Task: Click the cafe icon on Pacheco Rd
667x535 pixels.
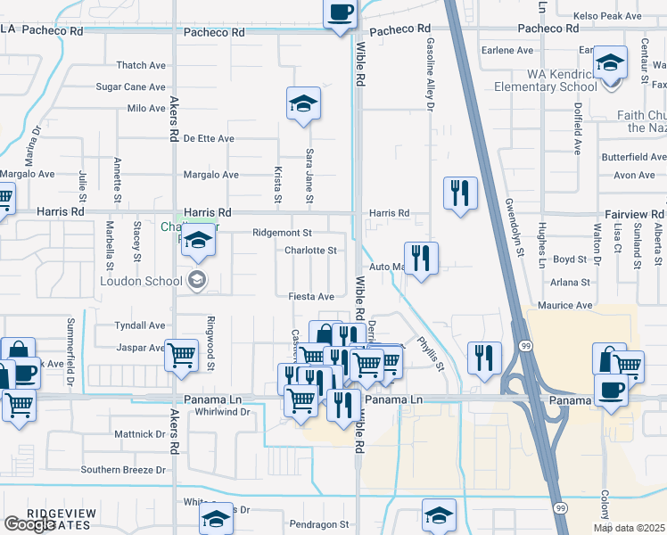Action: click(x=340, y=13)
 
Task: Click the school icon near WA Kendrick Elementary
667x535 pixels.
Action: click(x=611, y=64)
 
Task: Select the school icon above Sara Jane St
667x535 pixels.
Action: click(x=303, y=105)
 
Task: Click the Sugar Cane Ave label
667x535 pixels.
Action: click(x=130, y=87)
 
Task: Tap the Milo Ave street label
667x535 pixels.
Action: click(x=146, y=108)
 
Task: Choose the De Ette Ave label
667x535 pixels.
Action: click(x=209, y=138)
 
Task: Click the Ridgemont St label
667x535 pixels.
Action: click(x=280, y=232)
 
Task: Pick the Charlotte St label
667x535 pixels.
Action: click(x=309, y=251)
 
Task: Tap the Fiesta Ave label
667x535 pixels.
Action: click(x=310, y=296)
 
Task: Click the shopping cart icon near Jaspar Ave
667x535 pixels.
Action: click(x=182, y=355)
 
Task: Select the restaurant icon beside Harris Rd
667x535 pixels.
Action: click(x=460, y=193)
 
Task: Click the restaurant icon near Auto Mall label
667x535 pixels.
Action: click(x=422, y=259)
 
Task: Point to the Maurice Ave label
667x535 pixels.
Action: click(x=572, y=305)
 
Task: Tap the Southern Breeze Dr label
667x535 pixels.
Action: click(x=123, y=469)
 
